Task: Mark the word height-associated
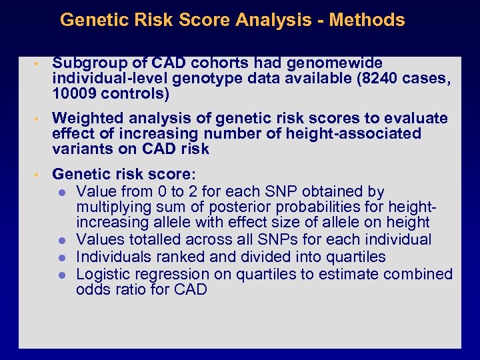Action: (353, 134)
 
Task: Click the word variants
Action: (80, 149)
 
